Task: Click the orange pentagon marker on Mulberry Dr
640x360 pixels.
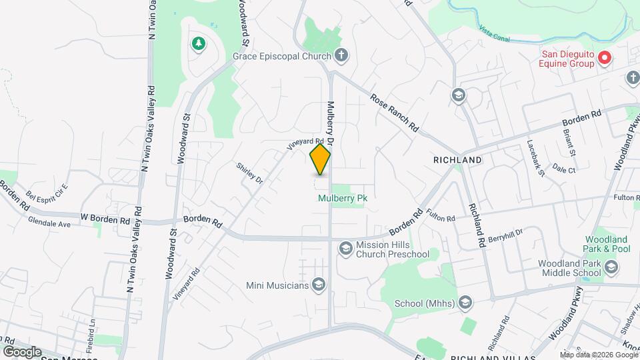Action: point(320,160)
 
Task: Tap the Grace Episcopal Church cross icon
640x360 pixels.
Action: point(341,55)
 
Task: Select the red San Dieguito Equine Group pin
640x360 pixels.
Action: point(605,58)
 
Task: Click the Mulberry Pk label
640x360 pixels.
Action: point(343,198)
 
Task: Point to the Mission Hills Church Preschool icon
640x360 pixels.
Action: point(345,249)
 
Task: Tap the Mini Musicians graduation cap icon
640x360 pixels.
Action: point(318,285)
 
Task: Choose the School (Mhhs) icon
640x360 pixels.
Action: point(465,303)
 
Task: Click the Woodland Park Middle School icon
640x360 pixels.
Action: point(612,267)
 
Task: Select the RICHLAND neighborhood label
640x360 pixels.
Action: point(457,161)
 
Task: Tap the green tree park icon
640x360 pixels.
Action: point(197,44)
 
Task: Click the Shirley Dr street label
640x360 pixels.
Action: point(249,173)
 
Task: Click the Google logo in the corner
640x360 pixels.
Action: point(21,351)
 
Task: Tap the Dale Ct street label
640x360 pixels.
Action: point(563,170)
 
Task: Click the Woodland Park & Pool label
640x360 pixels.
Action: point(607,244)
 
